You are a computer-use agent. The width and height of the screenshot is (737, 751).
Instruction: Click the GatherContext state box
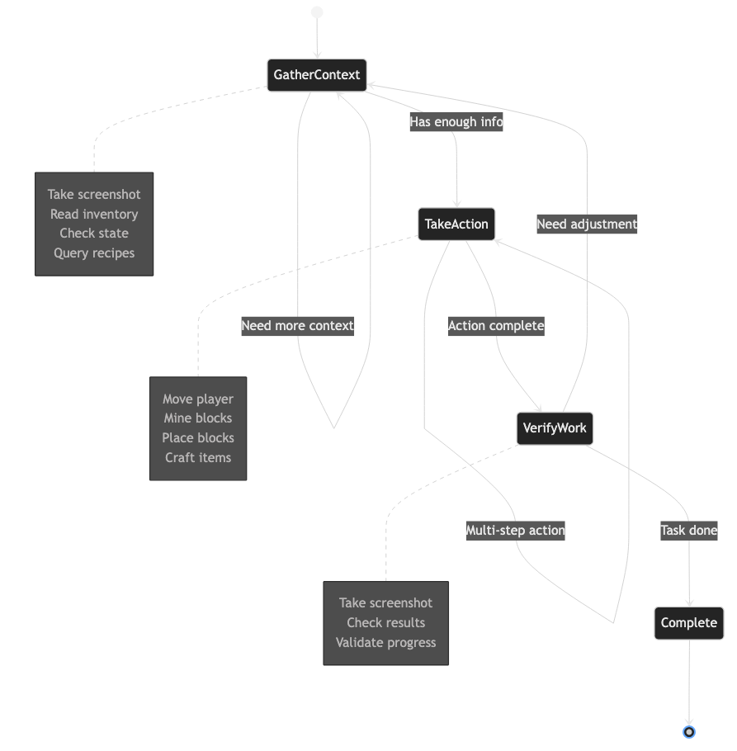click(317, 75)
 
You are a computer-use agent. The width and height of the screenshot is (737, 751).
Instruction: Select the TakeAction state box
click(456, 224)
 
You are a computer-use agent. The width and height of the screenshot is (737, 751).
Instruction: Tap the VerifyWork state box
click(555, 428)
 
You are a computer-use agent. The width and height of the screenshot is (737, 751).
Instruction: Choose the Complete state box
click(689, 622)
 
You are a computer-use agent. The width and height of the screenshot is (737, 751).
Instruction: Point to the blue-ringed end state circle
click(689, 731)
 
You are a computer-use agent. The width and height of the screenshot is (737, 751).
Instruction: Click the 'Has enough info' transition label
click(456, 122)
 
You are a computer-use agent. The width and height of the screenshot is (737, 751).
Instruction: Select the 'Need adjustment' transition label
click(587, 224)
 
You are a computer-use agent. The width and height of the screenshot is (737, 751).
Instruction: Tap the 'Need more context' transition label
click(297, 326)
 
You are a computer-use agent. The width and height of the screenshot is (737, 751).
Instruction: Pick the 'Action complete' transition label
click(496, 326)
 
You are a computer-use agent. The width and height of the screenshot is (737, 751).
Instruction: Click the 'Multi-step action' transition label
click(515, 531)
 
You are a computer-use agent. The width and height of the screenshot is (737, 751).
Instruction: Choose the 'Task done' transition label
click(689, 531)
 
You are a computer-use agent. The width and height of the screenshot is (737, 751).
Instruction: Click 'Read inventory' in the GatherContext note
click(94, 215)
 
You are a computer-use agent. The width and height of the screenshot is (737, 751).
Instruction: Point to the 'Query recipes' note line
click(94, 253)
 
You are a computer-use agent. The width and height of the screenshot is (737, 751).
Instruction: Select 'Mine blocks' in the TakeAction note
click(198, 418)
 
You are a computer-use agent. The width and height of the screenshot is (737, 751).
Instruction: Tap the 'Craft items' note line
click(198, 458)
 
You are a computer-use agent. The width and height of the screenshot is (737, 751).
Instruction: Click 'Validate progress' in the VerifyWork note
click(386, 643)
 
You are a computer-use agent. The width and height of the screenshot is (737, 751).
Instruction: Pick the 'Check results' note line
click(386, 623)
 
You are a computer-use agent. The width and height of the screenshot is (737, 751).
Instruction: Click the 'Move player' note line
click(198, 399)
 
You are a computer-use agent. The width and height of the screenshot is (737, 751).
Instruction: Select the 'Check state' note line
click(94, 234)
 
